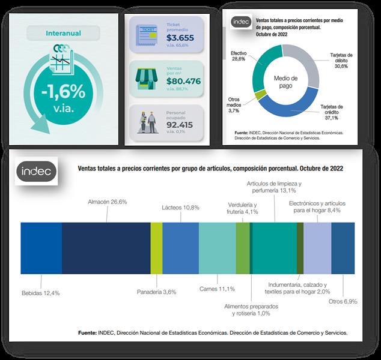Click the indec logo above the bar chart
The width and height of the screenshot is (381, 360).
click(x=37, y=171)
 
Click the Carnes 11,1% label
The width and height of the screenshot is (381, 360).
click(x=217, y=289)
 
